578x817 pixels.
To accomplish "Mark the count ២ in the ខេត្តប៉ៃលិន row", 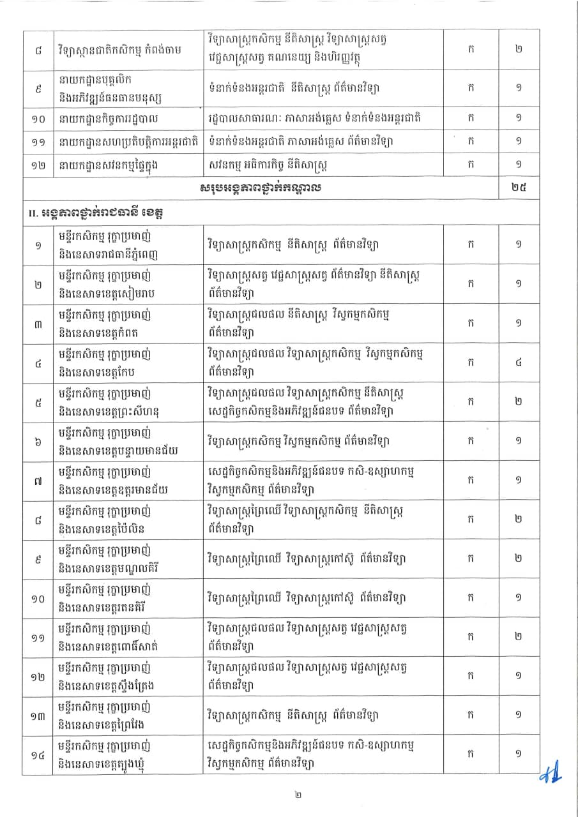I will point(518,520).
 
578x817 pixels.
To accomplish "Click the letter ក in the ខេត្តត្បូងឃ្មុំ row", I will point(470,753).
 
